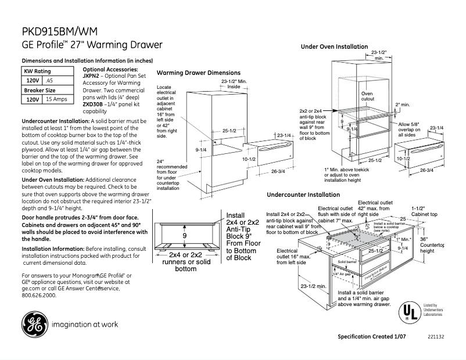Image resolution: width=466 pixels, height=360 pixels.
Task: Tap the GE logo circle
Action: click(x=35, y=324)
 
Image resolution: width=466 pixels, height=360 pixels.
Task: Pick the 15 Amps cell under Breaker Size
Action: click(x=56, y=100)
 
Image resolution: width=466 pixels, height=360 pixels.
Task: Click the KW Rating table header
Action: click(x=37, y=70)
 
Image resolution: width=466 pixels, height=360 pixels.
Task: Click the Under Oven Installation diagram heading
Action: click(x=334, y=46)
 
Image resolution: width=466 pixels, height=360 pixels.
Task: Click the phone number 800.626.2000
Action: click(x=39, y=295)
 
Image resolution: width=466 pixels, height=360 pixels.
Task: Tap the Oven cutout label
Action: click(x=368, y=96)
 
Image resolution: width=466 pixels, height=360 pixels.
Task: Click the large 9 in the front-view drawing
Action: click(x=184, y=236)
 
